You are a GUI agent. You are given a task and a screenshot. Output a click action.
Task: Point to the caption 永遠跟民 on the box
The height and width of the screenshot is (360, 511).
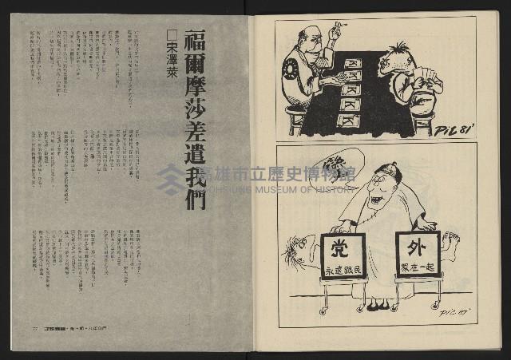tap(343, 270)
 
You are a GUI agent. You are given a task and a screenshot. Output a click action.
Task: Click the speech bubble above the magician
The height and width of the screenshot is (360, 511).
tap(336, 164)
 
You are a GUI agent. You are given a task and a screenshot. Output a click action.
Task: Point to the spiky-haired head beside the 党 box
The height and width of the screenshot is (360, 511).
tap(298, 250)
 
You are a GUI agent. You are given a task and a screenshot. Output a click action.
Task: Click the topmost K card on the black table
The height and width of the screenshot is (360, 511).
tap(352, 63)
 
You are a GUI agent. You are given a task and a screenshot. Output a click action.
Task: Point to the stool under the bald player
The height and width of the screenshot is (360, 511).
tap(295, 119)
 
